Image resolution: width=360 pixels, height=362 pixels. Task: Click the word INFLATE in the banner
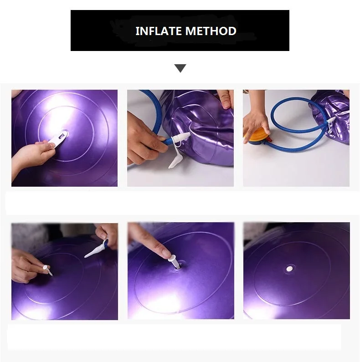(158, 31)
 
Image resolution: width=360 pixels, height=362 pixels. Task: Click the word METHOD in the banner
(211, 31)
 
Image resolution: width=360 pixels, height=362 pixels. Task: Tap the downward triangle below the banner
(180, 68)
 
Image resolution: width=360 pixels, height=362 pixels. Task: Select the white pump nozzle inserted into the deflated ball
(181, 138)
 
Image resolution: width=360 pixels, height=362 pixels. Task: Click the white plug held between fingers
(47, 270)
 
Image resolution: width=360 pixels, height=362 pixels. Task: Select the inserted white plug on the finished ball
(289, 269)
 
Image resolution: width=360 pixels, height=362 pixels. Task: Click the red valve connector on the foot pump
(269, 140)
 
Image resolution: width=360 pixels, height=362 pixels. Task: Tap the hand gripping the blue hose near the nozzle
(145, 138)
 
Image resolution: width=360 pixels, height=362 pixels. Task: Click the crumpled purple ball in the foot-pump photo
(330, 117)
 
